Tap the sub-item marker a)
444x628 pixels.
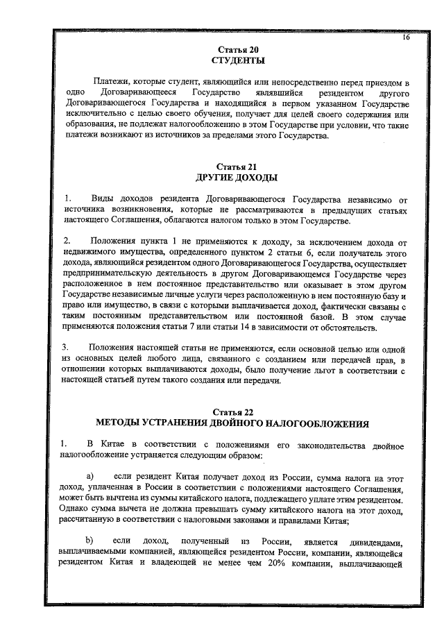pyautogui.click(x=89, y=477)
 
